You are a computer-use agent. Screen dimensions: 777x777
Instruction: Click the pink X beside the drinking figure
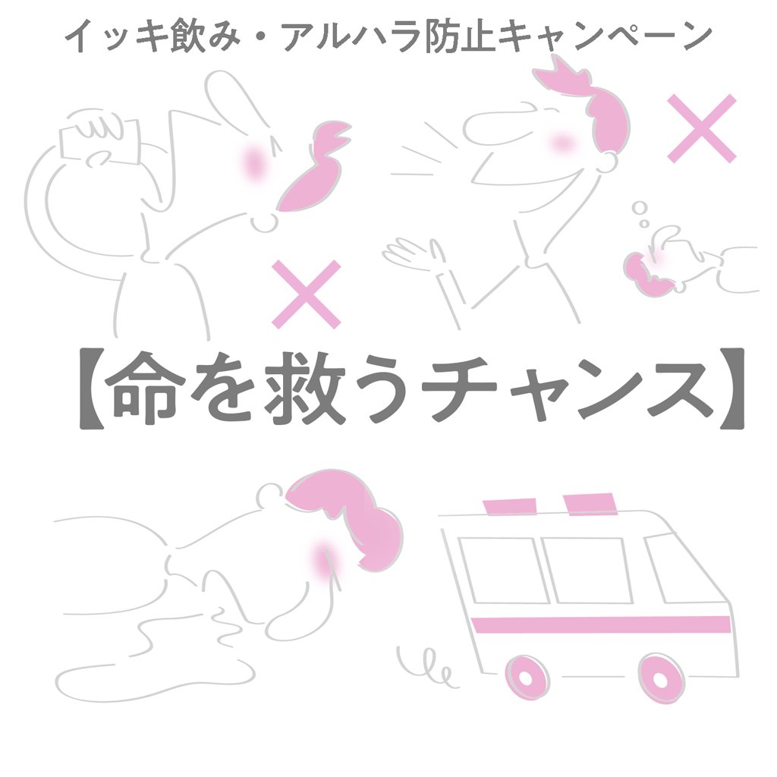pyautogui.click(x=307, y=294)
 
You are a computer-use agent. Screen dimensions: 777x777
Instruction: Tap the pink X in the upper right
pyautogui.click(x=702, y=128)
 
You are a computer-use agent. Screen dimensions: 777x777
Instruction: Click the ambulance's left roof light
pyautogui.click(x=510, y=507)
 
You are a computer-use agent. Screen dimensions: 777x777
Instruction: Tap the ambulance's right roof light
pyautogui.click(x=590, y=504)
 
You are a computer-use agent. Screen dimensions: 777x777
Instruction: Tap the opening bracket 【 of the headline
pyautogui.click(x=92, y=388)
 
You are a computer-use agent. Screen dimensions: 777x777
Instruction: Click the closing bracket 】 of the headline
pyautogui.click(x=731, y=388)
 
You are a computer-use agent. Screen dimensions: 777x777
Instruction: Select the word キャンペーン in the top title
pyautogui.click(x=605, y=37)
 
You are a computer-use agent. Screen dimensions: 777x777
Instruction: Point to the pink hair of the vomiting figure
pyautogui.click(x=347, y=517)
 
